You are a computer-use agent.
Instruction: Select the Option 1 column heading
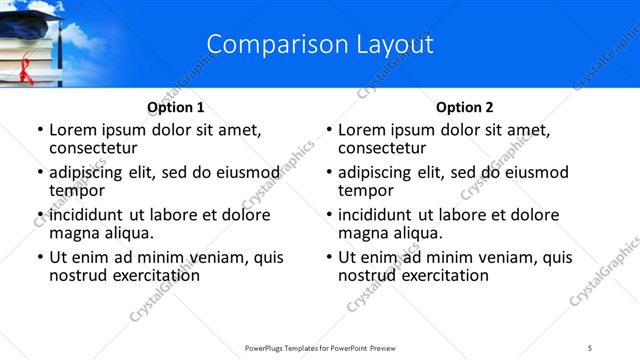(x=175, y=107)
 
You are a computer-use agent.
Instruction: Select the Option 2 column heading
(x=465, y=107)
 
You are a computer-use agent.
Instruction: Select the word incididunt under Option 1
(x=88, y=216)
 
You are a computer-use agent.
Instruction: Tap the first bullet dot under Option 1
(x=40, y=131)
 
